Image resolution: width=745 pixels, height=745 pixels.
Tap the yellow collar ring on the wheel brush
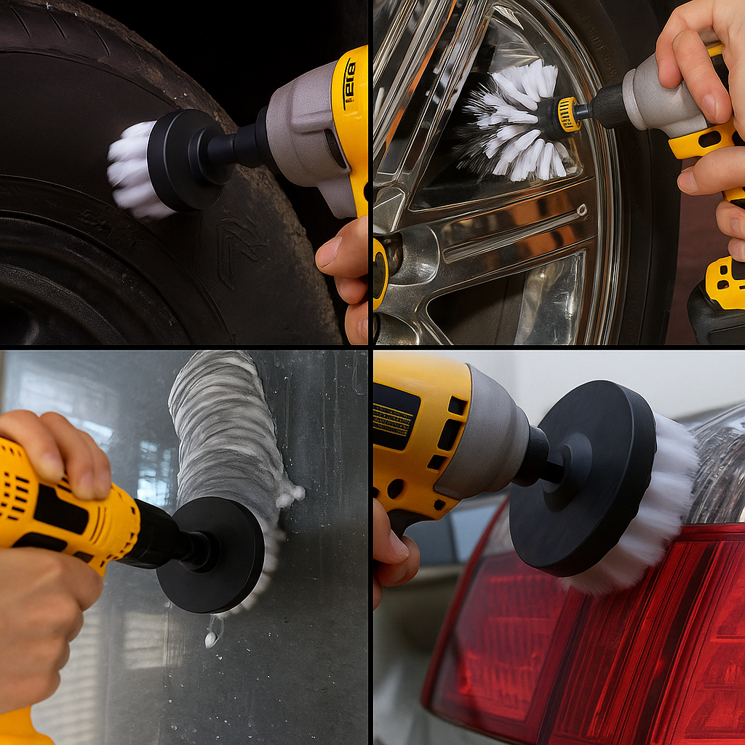(x=568, y=114)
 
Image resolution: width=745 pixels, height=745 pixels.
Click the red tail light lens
(x=582, y=655)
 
